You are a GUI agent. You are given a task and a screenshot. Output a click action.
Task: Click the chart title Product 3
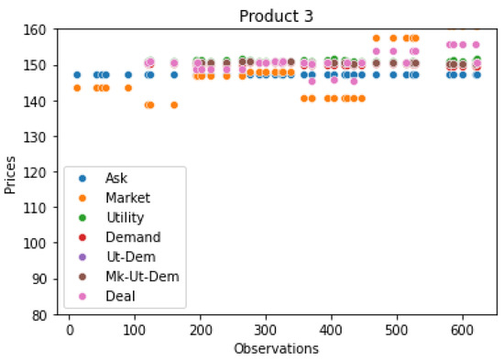(275, 16)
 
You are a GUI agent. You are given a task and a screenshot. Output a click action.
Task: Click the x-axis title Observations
(275, 349)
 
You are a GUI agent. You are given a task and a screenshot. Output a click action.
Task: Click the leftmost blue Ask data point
(77, 75)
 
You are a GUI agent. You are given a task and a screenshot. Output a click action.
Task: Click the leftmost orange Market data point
(77, 88)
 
